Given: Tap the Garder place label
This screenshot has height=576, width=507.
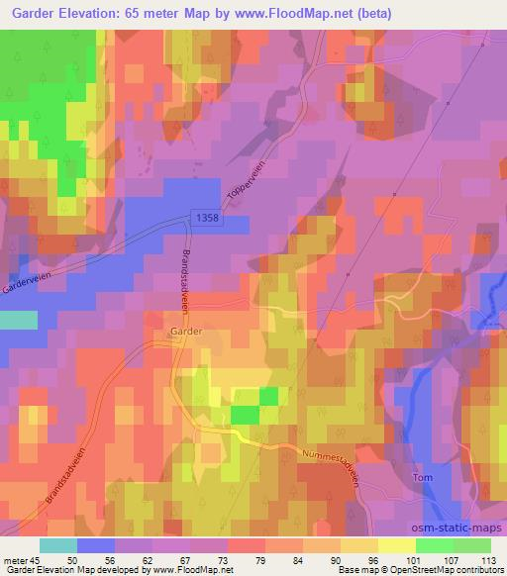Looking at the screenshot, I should coord(185,334).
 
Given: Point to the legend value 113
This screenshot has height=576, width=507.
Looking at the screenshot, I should coord(488,560).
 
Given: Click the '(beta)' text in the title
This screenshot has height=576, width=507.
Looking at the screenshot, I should coord(375,14).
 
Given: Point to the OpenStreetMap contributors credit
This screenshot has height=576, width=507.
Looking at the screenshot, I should coord(441,570).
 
